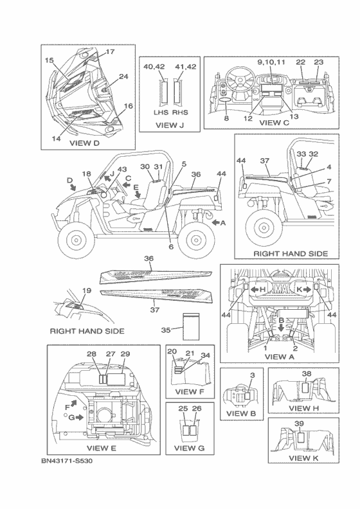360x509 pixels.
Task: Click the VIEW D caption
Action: coord(84,143)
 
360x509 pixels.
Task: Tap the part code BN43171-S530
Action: coord(67,461)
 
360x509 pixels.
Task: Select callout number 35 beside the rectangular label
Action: coord(166,330)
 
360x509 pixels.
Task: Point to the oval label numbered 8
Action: coord(226,100)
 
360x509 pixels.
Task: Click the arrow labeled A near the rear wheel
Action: coord(215,223)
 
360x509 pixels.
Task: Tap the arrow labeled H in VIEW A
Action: coord(254,290)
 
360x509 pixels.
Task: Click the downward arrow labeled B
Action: coord(282,328)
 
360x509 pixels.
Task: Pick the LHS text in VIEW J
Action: coord(161,112)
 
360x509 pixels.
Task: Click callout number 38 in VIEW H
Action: coord(307,373)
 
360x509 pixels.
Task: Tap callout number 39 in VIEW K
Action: coord(300,424)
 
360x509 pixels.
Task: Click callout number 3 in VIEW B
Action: coord(252,375)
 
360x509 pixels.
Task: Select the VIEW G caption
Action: coord(189,449)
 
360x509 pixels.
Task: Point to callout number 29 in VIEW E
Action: coord(125,354)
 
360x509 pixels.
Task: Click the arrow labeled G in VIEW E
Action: coord(80,418)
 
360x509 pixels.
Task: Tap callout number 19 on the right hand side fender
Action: coord(87,290)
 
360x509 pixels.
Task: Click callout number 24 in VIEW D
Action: coord(123,76)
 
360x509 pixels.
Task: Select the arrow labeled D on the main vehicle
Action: coord(74,187)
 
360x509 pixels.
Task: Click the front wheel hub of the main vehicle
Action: coord(76,240)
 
